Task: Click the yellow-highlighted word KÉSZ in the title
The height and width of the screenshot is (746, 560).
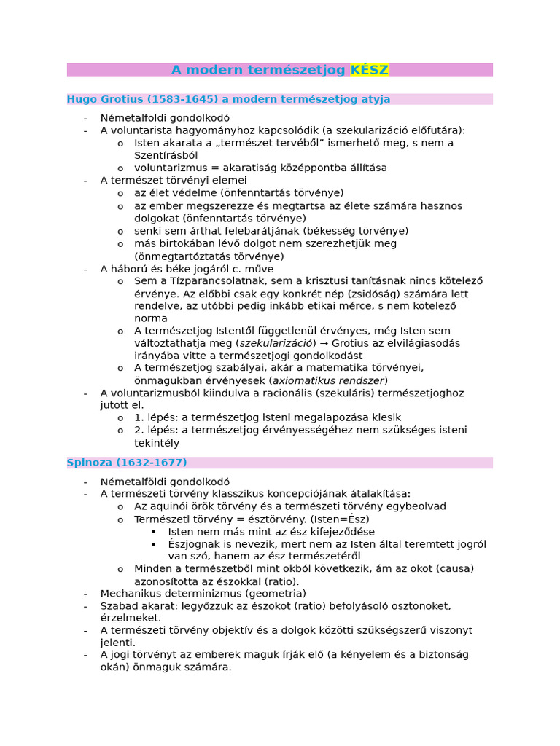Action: click(x=369, y=70)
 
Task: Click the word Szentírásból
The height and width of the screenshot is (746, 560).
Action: click(x=166, y=155)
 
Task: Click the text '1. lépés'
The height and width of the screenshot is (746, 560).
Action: click(x=155, y=417)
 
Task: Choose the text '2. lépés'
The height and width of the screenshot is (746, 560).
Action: click(x=155, y=430)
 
